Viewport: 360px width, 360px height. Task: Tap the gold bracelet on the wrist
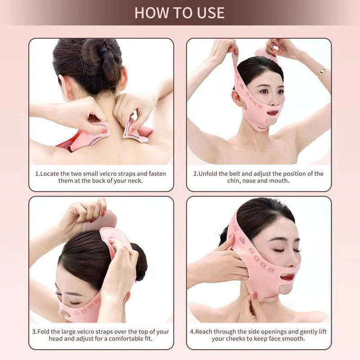pos(321,72)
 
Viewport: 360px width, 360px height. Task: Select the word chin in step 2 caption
pos(234,181)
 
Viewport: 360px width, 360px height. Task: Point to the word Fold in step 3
pos(43,332)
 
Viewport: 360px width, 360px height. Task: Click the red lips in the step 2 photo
pos(272,112)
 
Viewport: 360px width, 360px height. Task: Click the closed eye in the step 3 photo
pos(74,303)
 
